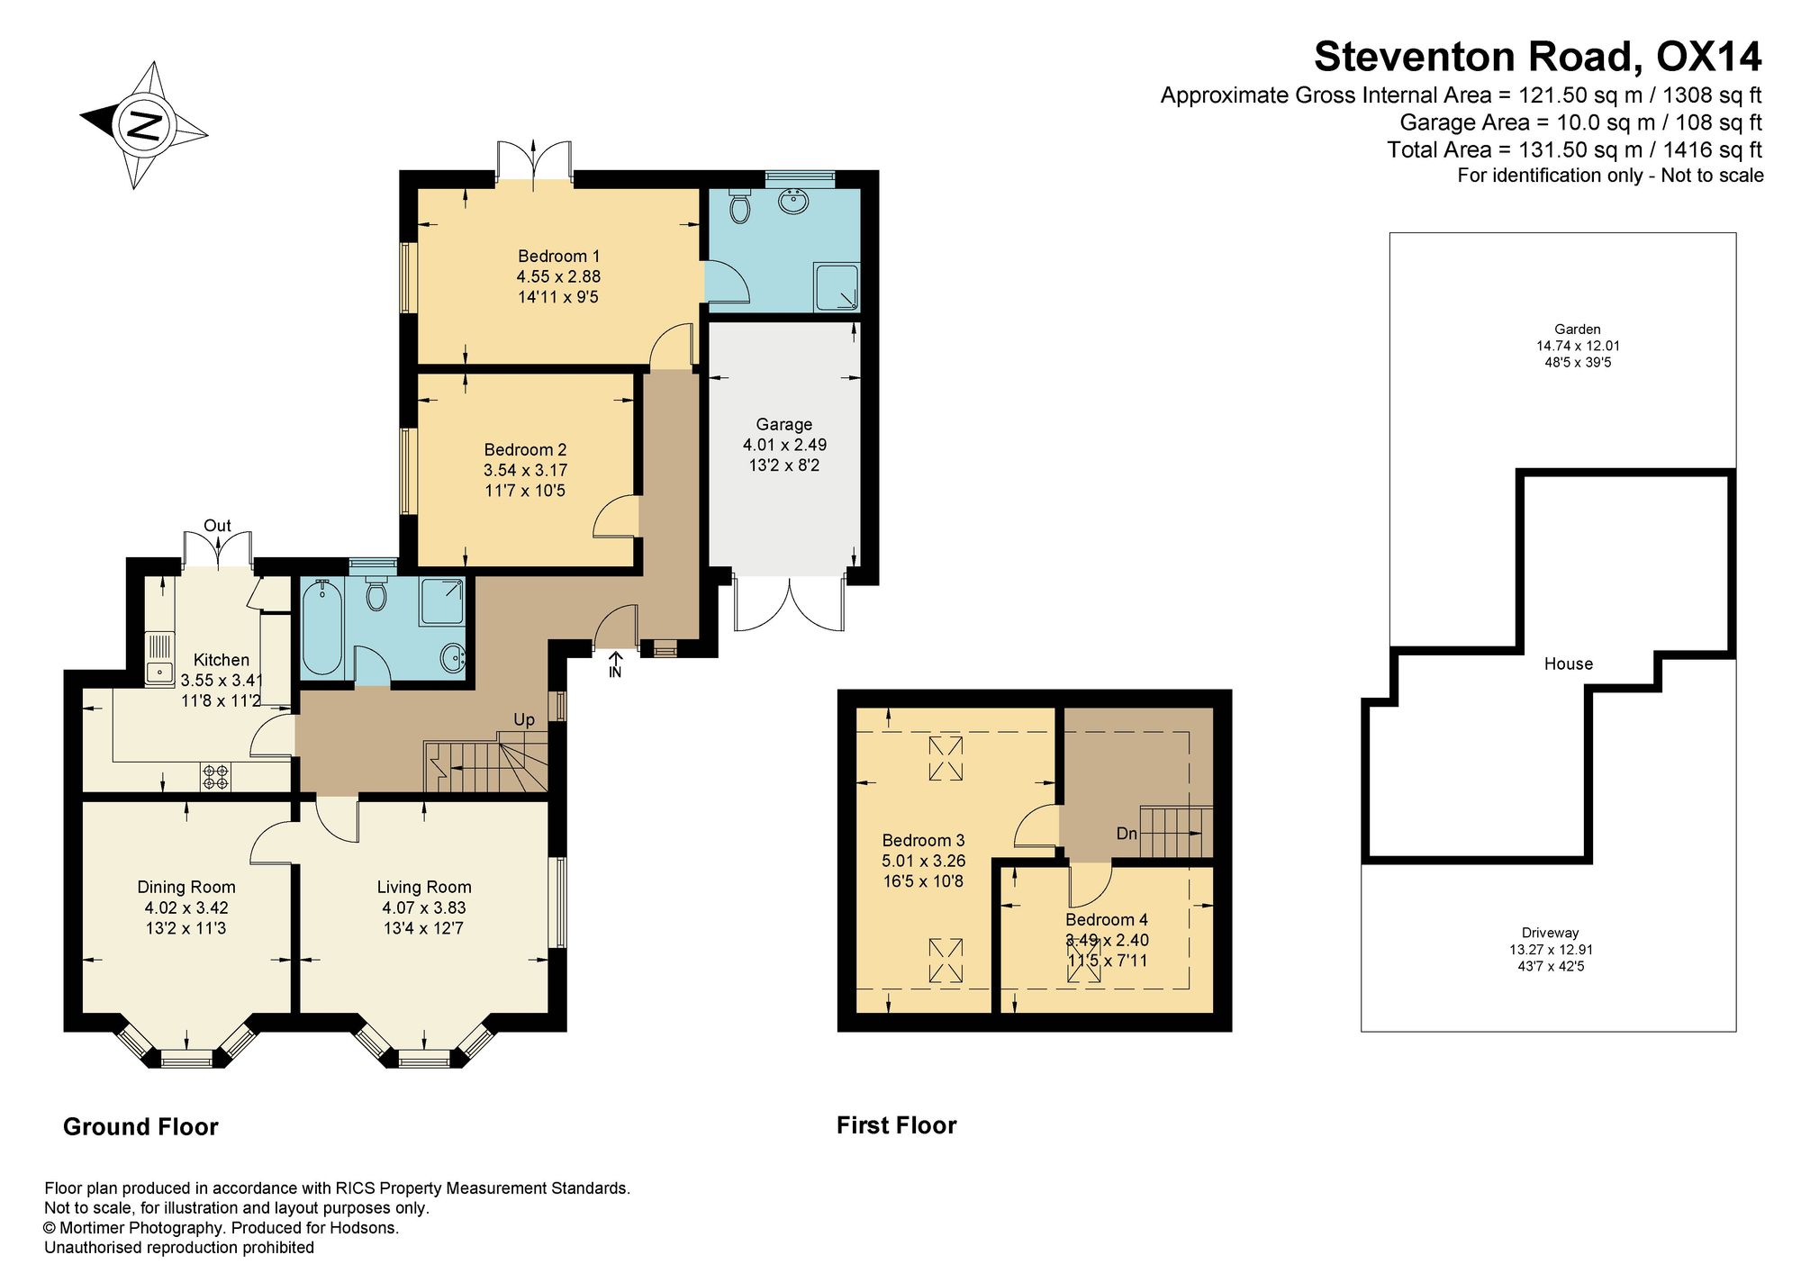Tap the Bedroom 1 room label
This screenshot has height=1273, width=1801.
(x=558, y=257)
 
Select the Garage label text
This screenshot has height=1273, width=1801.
(x=783, y=424)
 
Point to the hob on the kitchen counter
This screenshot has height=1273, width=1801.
(x=216, y=777)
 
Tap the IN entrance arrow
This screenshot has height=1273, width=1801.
(x=615, y=664)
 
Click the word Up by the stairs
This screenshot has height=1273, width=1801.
(x=524, y=719)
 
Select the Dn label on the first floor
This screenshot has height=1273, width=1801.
(x=1127, y=834)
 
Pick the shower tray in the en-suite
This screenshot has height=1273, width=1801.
(x=837, y=287)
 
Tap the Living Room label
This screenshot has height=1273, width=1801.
(x=424, y=887)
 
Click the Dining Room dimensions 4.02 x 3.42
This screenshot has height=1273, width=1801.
(x=186, y=907)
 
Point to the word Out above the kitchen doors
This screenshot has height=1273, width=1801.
(x=217, y=526)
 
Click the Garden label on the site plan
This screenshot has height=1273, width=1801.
(x=1578, y=330)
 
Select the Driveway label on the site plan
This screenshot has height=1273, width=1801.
(x=1551, y=933)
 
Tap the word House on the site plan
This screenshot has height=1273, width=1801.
(x=1569, y=664)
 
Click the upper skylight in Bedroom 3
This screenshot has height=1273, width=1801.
(x=946, y=758)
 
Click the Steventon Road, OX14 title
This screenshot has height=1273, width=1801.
(x=1538, y=56)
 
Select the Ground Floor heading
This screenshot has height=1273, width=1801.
(x=140, y=1127)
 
